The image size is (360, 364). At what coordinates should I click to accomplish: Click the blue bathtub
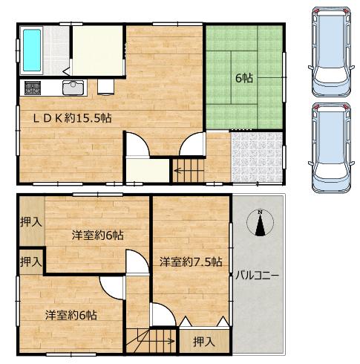tap(32, 51)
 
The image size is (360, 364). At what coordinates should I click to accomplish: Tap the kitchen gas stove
tap(33, 88)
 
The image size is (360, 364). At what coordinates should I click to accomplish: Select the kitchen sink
tap(73, 88)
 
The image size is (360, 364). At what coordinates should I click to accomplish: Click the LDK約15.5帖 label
tap(72, 118)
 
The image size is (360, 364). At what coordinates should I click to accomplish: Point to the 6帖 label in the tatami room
tap(244, 78)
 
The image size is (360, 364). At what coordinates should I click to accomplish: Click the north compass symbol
tap(260, 222)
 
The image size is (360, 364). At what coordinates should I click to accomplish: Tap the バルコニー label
tap(257, 276)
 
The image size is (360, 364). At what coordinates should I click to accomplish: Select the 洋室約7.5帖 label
tap(191, 261)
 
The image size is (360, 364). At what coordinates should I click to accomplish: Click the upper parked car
tap(331, 51)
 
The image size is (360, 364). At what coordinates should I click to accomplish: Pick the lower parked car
tap(331, 148)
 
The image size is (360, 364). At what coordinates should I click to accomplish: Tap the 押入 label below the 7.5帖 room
tap(203, 342)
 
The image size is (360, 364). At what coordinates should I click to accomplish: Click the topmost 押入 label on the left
tap(30, 222)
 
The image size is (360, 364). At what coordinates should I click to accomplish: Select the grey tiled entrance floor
tap(257, 157)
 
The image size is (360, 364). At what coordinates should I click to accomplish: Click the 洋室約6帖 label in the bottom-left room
tap(71, 315)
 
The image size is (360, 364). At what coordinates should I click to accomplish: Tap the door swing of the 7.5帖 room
tap(163, 314)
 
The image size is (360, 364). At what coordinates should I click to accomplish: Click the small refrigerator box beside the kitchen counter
tap(105, 87)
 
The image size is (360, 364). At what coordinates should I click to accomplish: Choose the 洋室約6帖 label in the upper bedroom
tap(98, 235)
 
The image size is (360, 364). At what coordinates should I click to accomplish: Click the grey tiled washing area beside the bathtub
tap(56, 51)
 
